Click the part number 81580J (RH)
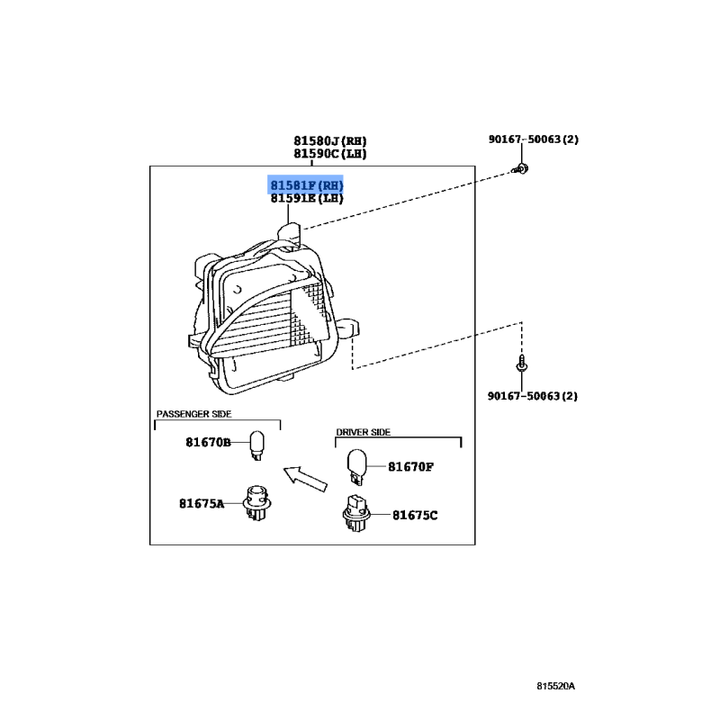tap(329, 140)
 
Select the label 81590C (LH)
tap(329, 153)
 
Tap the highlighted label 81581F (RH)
tap(307, 185)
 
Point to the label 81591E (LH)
tap(307, 199)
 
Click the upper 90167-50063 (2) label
tap(534, 139)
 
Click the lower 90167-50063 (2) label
tap(534, 395)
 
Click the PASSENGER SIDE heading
tap(193, 414)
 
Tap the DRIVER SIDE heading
tap(363, 433)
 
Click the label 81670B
tap(209, 443)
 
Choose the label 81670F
tap(411, 467)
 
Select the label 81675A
tap(201, 504)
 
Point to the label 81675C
tap(415, 516)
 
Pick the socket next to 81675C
tap(354, 515)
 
